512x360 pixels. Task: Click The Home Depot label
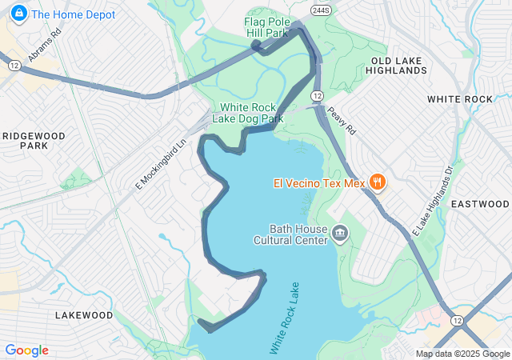pyautogui.click(x=73, y=14)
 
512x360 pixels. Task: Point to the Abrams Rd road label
pyautogui.click(x=45, y=47)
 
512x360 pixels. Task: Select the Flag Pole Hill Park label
pyautogui.click(x=266, y=28)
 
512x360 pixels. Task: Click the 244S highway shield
pyautogui.click(x=312, y=10)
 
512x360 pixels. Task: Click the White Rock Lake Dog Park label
pyautogui.click(x=248, y=113)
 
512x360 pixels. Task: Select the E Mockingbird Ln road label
pyautogui.click(x=160, y=160)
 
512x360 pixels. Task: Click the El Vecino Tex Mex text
pyautogui.click(x=318, y=183)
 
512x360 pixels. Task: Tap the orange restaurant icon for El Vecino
pyautogui.click(x=378, y=182)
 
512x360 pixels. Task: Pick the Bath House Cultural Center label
pyautogui.click(x=290, y=234)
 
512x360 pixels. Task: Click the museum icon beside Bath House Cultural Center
pyautogui.click(x=340, y=234)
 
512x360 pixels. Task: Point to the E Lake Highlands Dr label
pyautogui.click(x=433, y=199)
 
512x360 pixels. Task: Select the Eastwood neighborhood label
pyautogui.click(x=480, y=204)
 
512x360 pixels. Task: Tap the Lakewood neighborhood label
pyautogui.click(x=84, y=315)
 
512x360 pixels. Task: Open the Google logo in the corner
pyautogui.click(x=26, y=350)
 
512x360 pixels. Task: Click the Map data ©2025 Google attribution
pyautogui.click(x=462, y=354)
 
